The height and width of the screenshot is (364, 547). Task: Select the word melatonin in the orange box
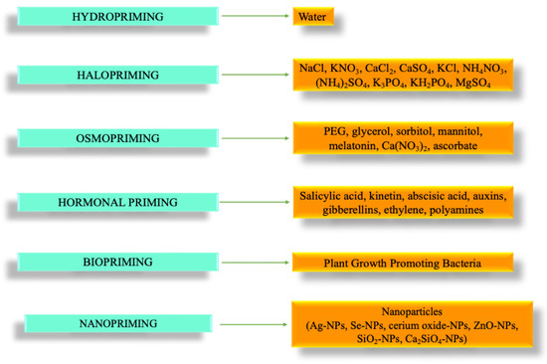pyautogui.click(x=329, y=146)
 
